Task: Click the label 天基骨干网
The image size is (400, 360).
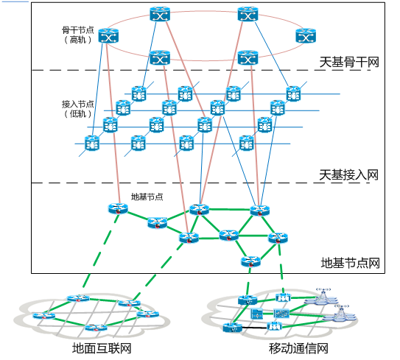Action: [349, 63]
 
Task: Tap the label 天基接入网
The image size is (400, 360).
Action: [348, 175]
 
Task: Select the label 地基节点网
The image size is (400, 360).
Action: [350, 263]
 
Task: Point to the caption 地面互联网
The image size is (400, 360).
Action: [102, 348]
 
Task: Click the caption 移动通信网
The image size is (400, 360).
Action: [298, 348]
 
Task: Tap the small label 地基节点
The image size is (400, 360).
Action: [147, 197]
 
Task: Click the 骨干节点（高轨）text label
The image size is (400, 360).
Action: [77, 35]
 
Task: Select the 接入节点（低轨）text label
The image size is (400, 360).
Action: [77, 109]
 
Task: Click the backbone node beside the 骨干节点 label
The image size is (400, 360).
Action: [108, 35]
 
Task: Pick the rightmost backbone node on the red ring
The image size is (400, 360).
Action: [306, 35]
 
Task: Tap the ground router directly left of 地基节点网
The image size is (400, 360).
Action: [278, 238]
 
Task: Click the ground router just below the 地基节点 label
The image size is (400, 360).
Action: [157, 223]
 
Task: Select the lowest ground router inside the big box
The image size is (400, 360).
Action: [250, 261]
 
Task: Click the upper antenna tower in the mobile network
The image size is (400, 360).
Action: [323, 297]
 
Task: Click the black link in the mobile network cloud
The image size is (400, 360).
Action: [254, 328]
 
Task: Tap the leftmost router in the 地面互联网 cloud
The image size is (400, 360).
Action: [44, 316]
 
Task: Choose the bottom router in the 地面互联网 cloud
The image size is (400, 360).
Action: [96, 328]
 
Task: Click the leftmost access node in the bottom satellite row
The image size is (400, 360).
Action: [91, 143]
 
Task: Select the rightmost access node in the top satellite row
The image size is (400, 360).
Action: [293, 93]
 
